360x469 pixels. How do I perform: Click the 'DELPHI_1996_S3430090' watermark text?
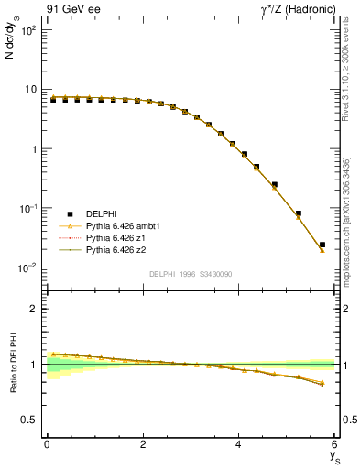tap(190, 274)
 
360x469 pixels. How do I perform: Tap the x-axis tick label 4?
tap(239, 445)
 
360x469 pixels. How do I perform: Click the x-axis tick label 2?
tap(143, 445)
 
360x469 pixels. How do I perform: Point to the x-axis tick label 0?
tap(47, 445)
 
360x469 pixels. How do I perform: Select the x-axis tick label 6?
tap(334, 445)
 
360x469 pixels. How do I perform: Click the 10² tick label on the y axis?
tap(27, 29)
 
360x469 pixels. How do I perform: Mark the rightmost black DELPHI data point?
tap(322, 245)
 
